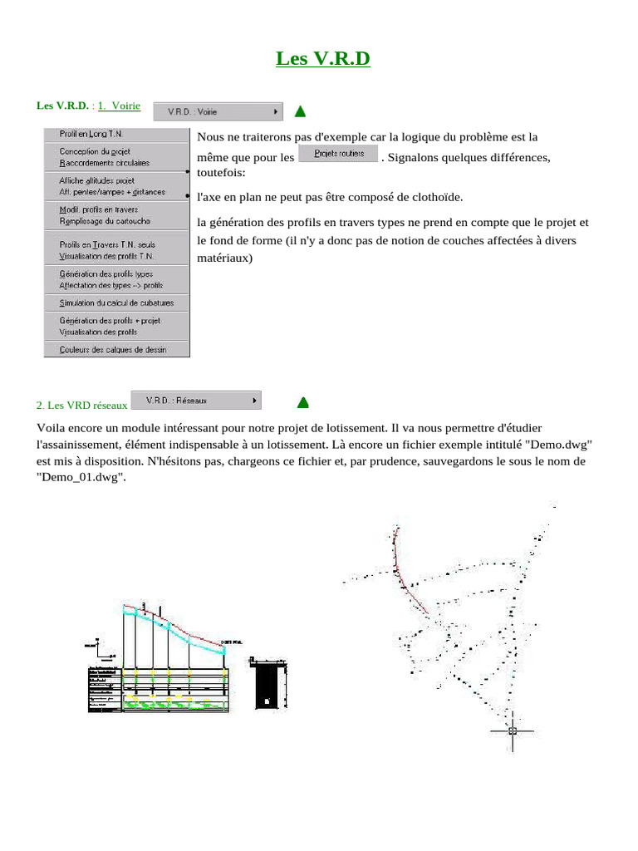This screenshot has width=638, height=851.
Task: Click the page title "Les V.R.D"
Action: point(322,59)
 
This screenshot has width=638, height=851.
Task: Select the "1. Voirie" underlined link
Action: point(119,106)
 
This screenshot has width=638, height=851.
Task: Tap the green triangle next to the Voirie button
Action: point(300,111)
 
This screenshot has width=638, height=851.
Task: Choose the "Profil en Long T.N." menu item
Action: point(91,133)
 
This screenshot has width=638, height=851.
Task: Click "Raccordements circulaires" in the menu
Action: point(105,163)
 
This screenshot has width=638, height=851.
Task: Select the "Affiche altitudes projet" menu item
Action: point(96,180)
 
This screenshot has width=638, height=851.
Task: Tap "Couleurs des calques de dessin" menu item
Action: point(112,350)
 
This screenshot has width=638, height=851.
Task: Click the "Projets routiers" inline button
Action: point(338,155)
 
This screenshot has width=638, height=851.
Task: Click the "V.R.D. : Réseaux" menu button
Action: point(196,401)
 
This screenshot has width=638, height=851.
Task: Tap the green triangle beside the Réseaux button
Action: point(303,403)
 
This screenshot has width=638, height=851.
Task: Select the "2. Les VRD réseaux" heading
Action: point(81,405)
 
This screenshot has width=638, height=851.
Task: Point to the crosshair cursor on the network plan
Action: point(512,730)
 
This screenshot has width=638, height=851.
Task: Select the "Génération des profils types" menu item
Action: point(106,273)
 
